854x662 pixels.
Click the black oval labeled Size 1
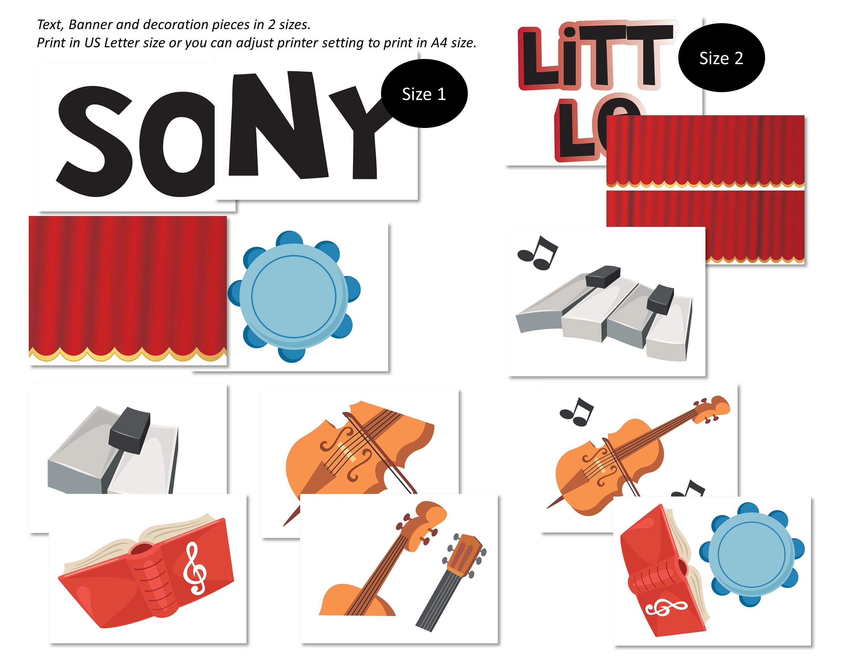(424, 94)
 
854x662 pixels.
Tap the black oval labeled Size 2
(721, 58)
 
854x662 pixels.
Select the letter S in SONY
(96, 141)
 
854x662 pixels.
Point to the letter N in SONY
(278, 125)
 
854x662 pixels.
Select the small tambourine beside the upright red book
(751, 554)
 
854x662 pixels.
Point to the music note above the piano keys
(538, 253)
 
